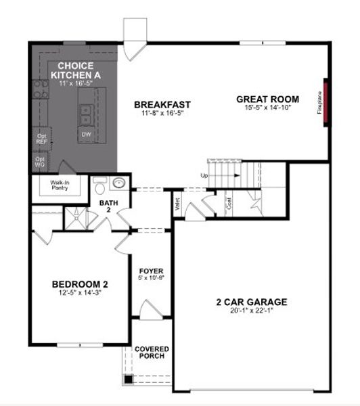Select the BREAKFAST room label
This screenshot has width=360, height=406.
(162, 104)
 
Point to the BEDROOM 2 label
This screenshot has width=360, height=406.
(81, 284)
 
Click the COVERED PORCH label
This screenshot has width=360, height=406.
(152, 353)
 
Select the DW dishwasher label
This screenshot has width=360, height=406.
(87, 134)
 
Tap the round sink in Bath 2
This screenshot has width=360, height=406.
(119, 183)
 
